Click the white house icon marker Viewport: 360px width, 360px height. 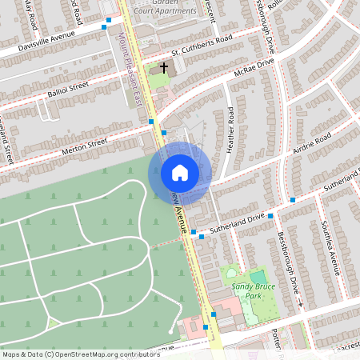[x=179, y=172]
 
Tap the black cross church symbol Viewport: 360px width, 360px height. [x=165, y=68]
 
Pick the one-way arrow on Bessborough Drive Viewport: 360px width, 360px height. [x=300, y=305]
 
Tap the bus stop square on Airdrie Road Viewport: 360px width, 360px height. [x=293, y=199]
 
